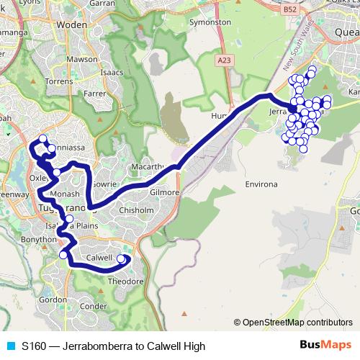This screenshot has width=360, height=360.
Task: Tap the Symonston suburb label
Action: tap(210, 22)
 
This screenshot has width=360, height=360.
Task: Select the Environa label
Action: tap(261, 184)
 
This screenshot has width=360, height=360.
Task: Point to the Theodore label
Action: tap(125, 282)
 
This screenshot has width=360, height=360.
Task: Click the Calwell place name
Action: tap(99, 257)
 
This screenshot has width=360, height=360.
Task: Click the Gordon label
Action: tap(53, 299)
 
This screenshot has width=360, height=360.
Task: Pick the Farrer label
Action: tap(94, 93)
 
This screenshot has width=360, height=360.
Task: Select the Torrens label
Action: tap(59, 81)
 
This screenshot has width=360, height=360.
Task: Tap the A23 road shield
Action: tap(225, 63)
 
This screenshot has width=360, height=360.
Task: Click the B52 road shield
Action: tap(290, 9)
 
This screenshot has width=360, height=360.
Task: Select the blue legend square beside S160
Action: tap(11, 346)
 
